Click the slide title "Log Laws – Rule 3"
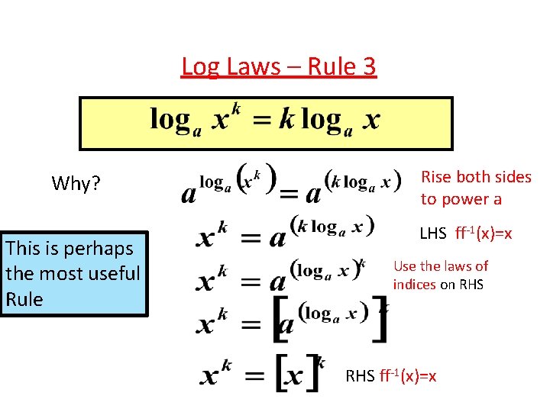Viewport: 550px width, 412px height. [x=279, y=67]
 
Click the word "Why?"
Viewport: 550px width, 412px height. [x=76, y=184]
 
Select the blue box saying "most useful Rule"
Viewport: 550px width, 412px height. [x=73, y=273]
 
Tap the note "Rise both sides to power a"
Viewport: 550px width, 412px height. [x=475, y=188]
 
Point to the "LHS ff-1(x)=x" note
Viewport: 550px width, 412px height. [x=467, y=233]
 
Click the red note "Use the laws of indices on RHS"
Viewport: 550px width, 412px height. [x=440, y=275]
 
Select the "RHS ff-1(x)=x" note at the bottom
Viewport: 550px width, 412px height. [x=391, y=375]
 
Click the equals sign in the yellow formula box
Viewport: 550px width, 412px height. [x=263, y=120]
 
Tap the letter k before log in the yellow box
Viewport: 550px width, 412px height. [x=286, y=120]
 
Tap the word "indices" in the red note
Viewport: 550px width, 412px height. [x=414, y=284]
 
